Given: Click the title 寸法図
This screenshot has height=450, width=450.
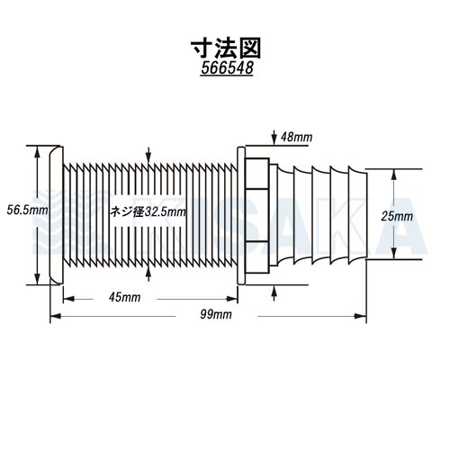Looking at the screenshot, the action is point(226,48).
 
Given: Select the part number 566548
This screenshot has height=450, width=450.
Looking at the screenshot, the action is point(227,67).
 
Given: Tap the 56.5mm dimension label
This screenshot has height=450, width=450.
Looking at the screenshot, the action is point(27,210).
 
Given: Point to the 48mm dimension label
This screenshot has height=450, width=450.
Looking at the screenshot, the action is point(296,138).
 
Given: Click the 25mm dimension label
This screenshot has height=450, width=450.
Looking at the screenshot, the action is point(397,216).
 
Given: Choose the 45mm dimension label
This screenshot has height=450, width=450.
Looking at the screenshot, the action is point(124,297).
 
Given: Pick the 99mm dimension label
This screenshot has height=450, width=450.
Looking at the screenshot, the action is point(216,314).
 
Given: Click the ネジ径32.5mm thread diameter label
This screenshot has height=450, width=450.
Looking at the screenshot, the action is point(148,212).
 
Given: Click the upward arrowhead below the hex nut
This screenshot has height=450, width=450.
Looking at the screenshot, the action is point(274,292).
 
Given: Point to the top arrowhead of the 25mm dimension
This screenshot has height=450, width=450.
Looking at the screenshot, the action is point(394,175).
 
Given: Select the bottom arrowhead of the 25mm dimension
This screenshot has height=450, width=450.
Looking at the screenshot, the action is point(394,253).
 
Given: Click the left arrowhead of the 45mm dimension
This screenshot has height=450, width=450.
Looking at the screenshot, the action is point(68,299).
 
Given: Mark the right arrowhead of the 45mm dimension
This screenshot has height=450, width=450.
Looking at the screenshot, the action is point(232,299).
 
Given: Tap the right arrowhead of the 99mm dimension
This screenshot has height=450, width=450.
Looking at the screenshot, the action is point(360,316).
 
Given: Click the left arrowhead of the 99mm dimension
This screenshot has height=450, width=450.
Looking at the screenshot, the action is point(56,316).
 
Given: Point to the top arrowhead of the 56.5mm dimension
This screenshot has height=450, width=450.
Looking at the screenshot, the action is point(37,152).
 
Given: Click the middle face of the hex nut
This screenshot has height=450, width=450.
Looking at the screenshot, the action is point(257,215).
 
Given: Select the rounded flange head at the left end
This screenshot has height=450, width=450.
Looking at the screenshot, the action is point(56,215).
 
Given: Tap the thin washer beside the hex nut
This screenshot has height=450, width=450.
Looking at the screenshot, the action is point(241,215).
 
